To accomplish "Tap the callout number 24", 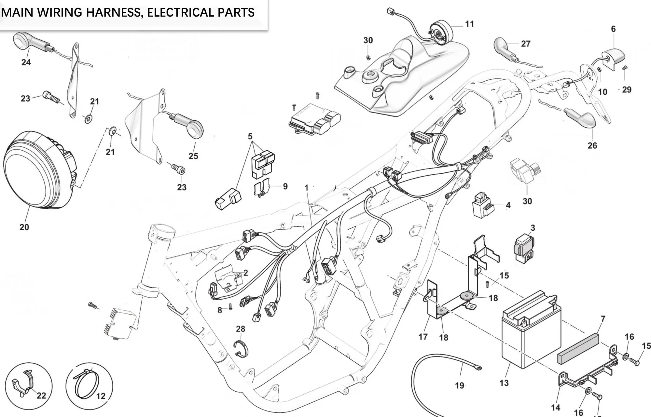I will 26,62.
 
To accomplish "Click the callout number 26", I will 592,145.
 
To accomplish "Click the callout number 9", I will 285,186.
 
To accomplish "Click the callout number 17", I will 423,337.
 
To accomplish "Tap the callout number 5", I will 250,136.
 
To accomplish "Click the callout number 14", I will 556,407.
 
